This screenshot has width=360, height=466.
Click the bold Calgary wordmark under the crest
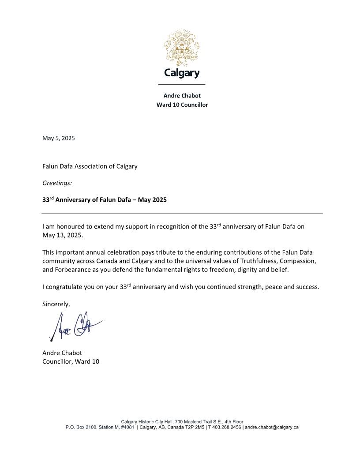point(182,73)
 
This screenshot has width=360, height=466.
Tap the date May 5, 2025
point(59,138)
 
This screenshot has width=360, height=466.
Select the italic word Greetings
point(57,183)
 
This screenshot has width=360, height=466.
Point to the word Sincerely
point(56,304)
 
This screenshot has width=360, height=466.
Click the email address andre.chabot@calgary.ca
point(272,427)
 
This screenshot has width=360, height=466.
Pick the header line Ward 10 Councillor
point(182,105)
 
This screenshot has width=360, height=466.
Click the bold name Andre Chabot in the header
point(182,96)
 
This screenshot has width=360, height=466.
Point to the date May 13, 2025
point(62,235)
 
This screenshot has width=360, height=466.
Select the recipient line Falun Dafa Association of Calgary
point(90,166)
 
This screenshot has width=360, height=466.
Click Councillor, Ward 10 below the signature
point(71,362)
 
